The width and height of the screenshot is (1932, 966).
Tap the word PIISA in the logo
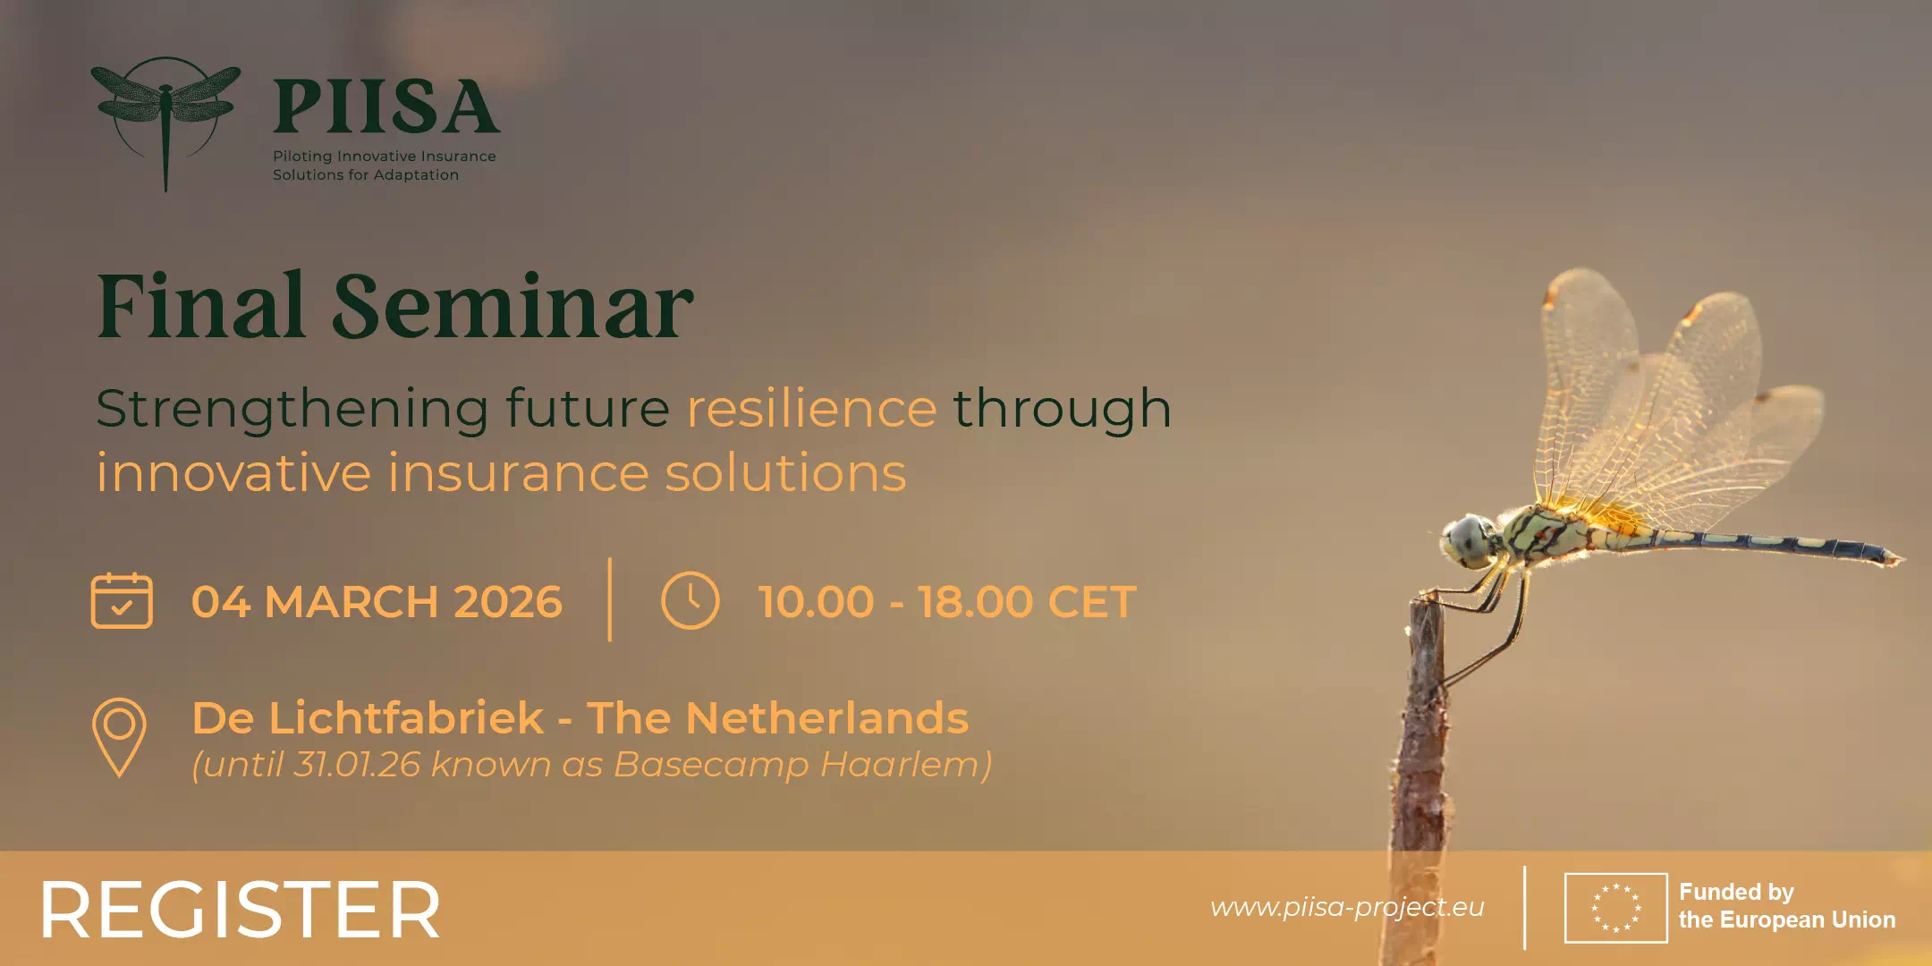point(386,107)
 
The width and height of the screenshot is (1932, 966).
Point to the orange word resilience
point(811,409)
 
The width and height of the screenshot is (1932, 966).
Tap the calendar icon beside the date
point(122,600)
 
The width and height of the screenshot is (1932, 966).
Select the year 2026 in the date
point(508,602)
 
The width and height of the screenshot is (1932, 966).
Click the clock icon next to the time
point(690,600)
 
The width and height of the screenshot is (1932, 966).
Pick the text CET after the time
point(1091,602)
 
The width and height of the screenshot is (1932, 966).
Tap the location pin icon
point(119,737)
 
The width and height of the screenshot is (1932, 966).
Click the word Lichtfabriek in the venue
point(406,718)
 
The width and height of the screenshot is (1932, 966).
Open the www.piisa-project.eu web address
point(1347,908)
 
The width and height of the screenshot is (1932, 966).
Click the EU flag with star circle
point(1615,908)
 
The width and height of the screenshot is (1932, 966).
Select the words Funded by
point(1736,892)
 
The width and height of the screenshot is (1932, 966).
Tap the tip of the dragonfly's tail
point(1902,560)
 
